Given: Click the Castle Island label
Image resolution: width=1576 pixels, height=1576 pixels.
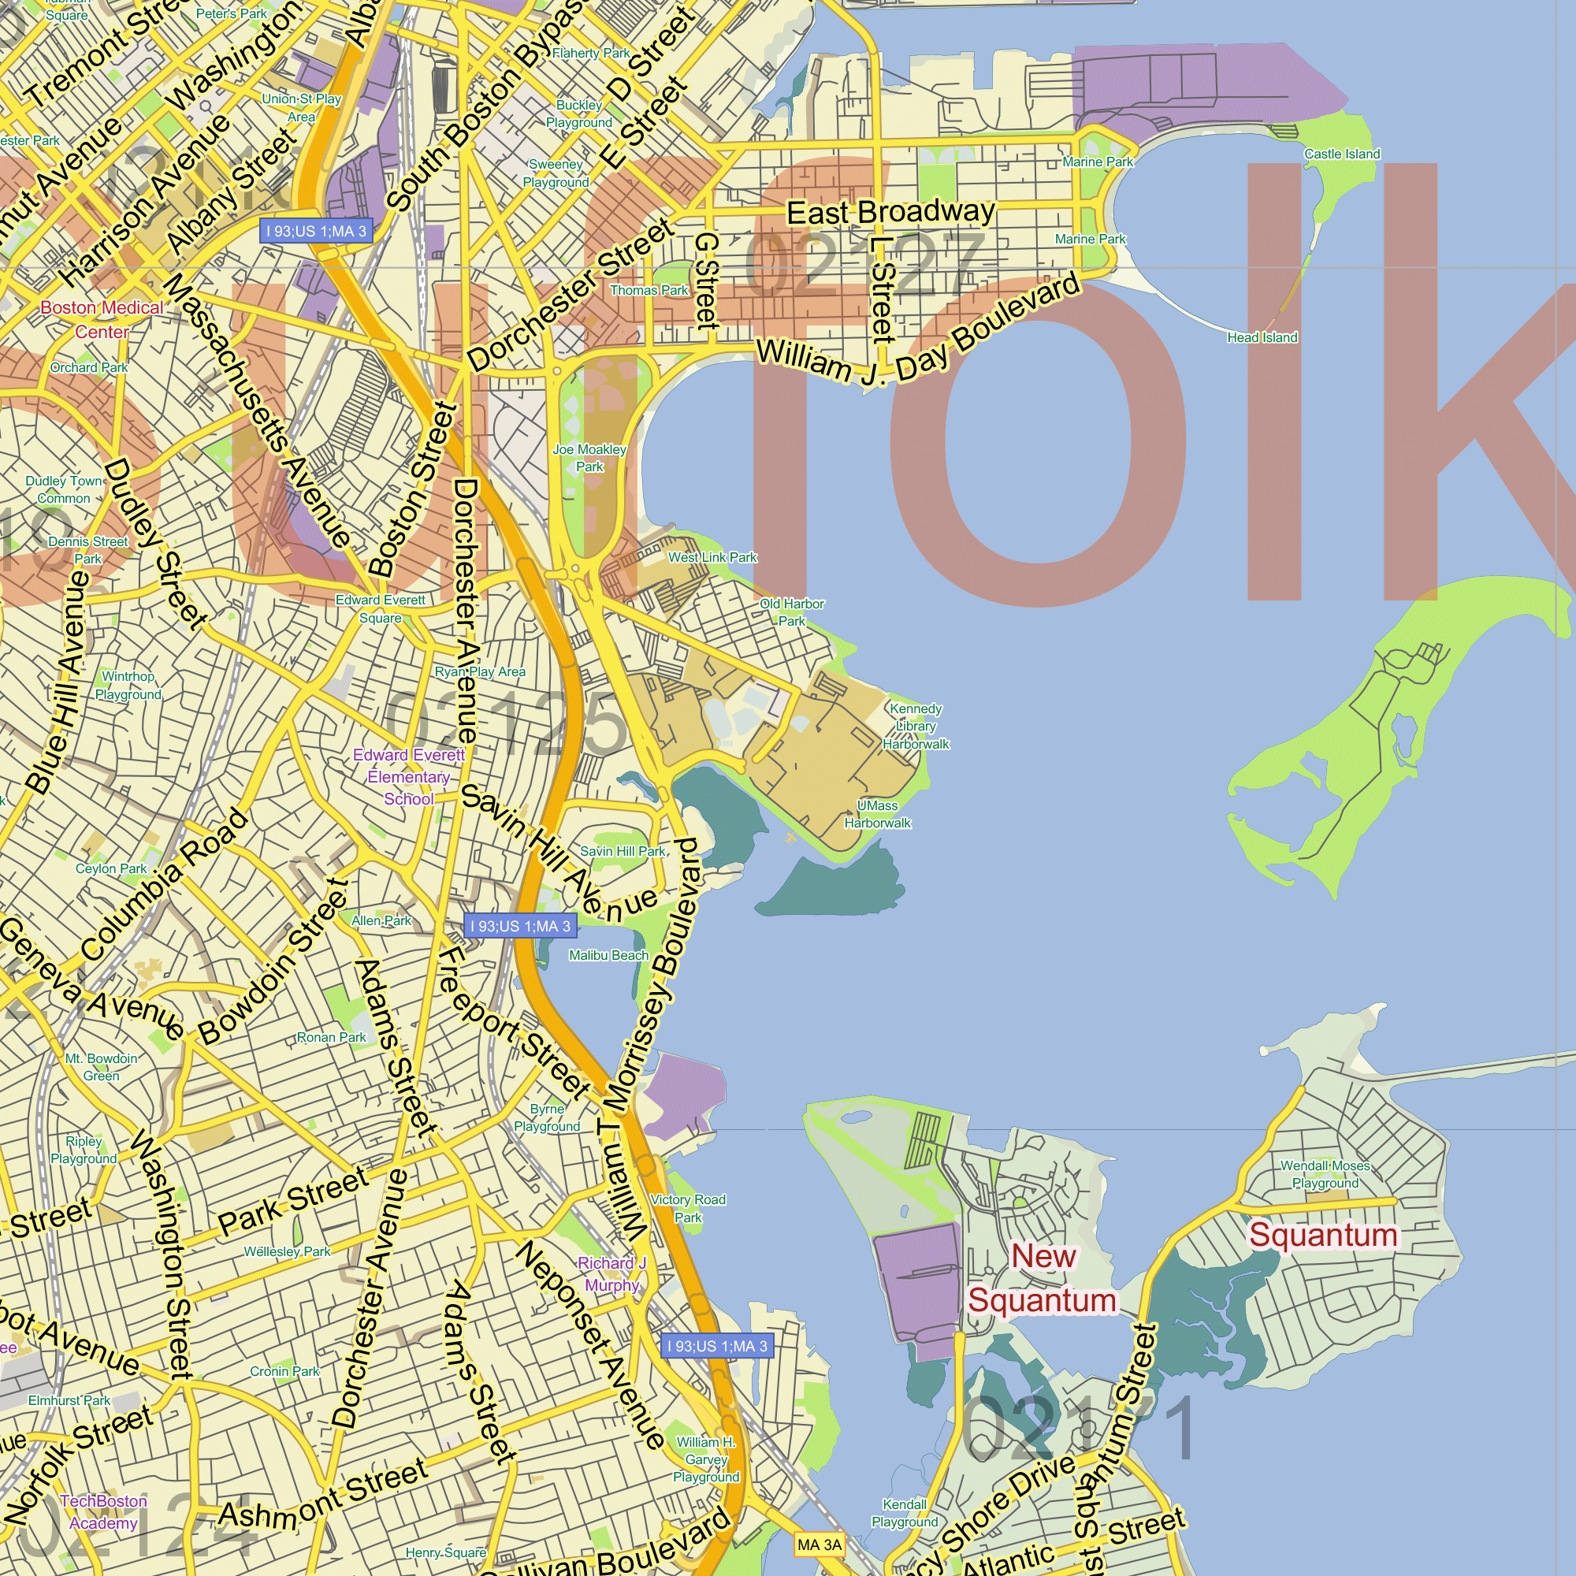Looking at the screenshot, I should point(1342,154).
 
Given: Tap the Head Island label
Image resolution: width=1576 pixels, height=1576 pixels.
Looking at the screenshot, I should point(1262,338).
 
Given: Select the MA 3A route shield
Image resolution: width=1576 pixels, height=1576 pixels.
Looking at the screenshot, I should point(819,1545).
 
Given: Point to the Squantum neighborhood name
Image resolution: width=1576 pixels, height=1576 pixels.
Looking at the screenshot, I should point(1323,1235).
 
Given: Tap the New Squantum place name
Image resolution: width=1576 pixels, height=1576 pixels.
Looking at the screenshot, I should point(1043,1278).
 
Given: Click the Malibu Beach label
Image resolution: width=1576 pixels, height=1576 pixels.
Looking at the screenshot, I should point(608,955).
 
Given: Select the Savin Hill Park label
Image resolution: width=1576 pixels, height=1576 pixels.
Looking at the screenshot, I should point(623,851).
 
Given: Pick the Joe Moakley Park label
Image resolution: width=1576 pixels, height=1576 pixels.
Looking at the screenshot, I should point(589,459).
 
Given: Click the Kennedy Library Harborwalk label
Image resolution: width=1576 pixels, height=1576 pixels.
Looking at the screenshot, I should point(916,726).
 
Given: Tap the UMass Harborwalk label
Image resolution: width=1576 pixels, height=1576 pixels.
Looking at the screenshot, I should point(877,814).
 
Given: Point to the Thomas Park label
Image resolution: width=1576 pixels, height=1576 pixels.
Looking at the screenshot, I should point(649,291).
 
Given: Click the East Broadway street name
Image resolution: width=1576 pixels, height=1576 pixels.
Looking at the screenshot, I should point(890,212).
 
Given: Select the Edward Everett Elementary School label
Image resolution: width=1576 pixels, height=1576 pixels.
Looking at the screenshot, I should point(409,777).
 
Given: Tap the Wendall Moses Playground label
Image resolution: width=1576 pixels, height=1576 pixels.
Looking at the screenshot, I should point(1325,1174).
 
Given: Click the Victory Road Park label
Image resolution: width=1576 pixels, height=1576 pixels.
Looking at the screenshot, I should point(688,1208).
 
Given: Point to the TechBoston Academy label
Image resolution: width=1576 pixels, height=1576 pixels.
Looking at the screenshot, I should point(103,1511).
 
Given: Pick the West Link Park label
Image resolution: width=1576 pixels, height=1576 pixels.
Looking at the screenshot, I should point(712,557).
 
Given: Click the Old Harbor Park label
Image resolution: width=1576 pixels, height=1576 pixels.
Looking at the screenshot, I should point(791,611).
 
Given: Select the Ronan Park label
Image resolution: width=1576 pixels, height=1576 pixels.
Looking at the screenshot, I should point(331,1038).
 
